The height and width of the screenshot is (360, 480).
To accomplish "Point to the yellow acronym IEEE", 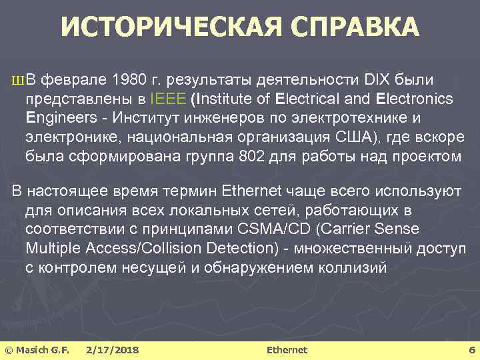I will [168, 99].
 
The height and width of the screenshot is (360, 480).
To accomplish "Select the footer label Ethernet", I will [287, 349].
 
